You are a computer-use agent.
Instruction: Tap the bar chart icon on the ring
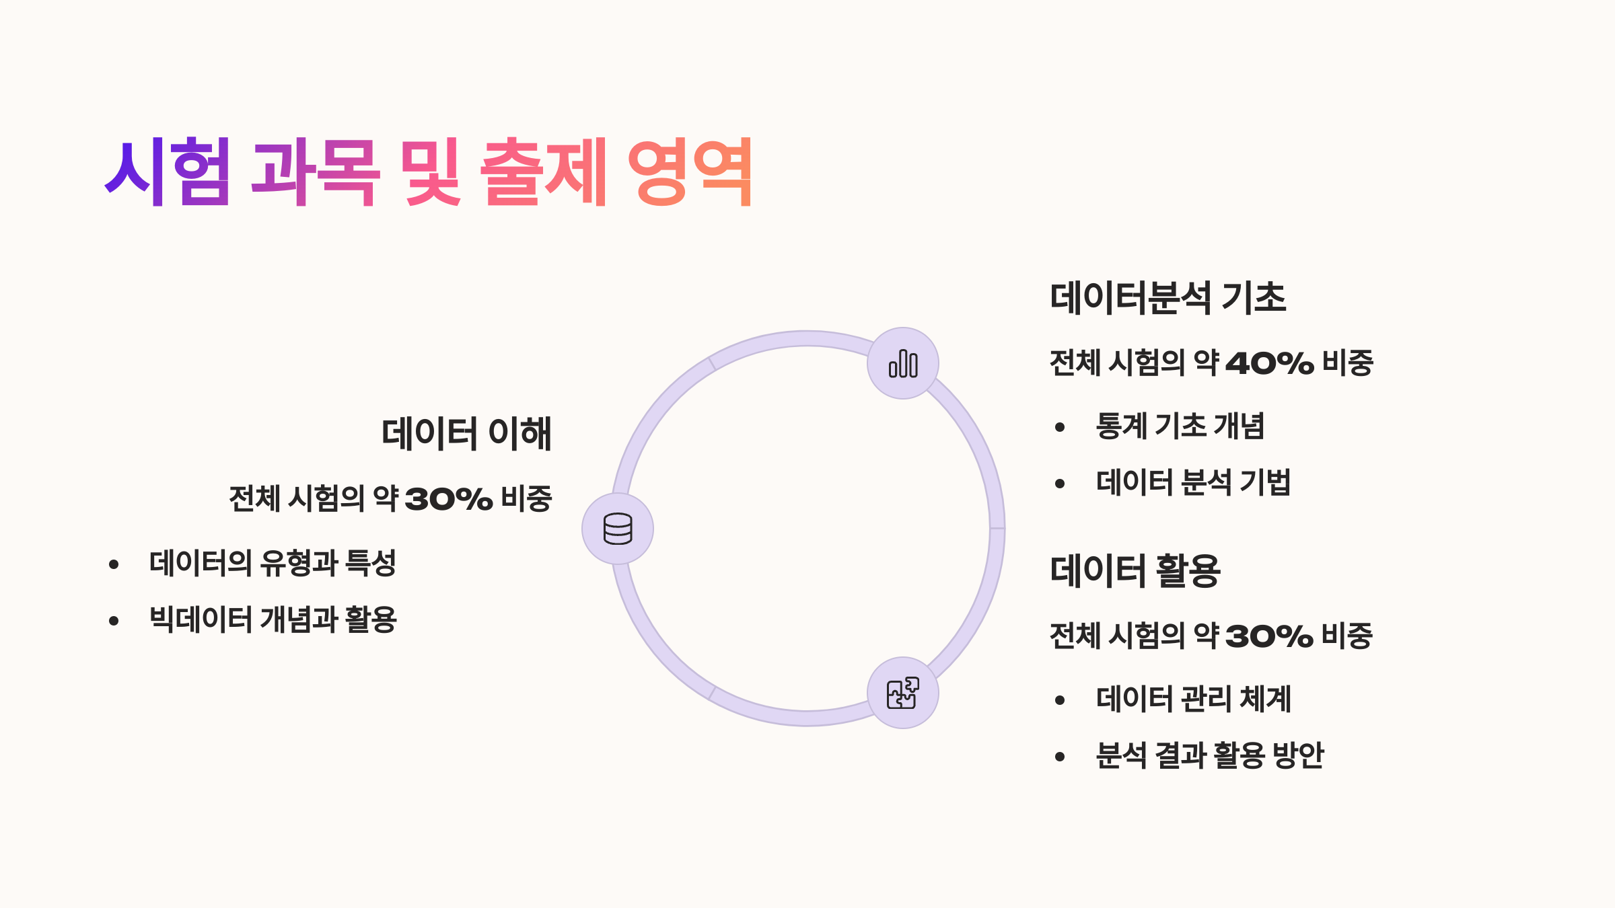[x=903, y=363]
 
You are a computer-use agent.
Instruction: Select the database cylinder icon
[x=618, y=529]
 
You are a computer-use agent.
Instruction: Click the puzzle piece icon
[x=903, y=693]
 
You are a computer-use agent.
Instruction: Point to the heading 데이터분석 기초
[x=1168, y=298]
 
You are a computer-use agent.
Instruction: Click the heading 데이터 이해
[x=466, y=433]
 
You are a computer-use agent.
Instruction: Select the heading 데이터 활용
[x=1135, y=571]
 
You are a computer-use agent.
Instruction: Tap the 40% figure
[x=1269, y=364]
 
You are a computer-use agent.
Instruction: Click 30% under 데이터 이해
[x=449, y=499]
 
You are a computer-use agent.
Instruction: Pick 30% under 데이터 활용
[x=1269, y=636]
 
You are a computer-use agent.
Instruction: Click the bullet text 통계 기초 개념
[x=1180, y=426]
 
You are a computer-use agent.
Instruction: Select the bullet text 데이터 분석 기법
[x=1193, y=483]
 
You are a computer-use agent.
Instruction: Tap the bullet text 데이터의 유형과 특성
[x=273, y=564]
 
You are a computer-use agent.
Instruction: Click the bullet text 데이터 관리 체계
[x=1193, y=699]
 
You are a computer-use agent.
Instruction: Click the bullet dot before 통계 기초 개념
[x=1060, y=428]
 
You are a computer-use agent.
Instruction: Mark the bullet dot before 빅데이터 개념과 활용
[x=114, y=621]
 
